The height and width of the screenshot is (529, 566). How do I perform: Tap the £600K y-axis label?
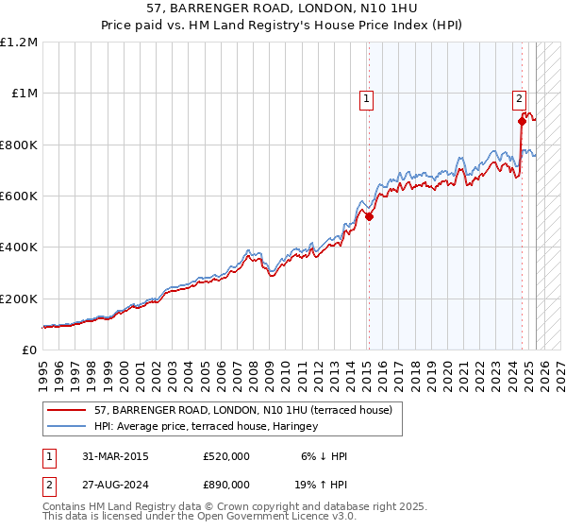pyautogui.click(x=18, y=196)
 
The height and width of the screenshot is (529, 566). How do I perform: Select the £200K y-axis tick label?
pyautogui.click(x=18, y=299)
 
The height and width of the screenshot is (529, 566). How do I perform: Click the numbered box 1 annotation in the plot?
pyautogui.click(x=366, y=95)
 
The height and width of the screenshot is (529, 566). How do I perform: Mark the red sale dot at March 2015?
pyautogui.click(x=369, y=216)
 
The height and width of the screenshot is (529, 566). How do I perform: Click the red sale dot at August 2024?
pyautogui.click(x=522, y=121)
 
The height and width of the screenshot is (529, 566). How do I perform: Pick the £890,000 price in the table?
pyautogui.click(x=226, y=488)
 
